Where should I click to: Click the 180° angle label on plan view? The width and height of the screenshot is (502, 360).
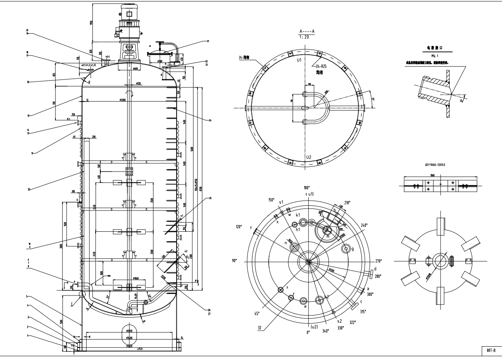point(307,188)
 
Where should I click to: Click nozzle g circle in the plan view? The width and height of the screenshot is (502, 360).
point(347,249)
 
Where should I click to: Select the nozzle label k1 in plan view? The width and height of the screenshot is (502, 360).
point(298,215)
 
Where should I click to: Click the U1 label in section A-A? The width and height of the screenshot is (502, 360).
point(299,61)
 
